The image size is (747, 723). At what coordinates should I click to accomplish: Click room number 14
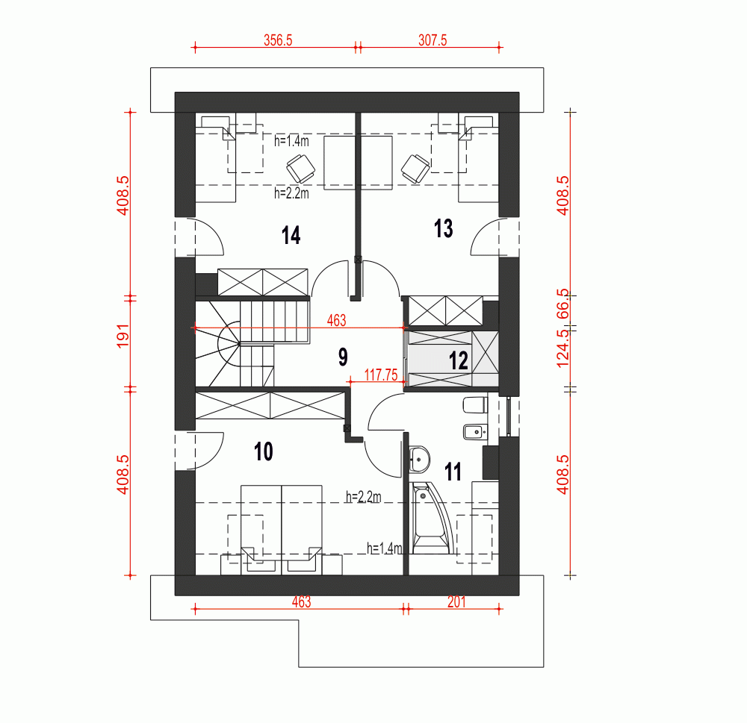[291, 235]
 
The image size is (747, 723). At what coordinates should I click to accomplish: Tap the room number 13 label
[443, 228]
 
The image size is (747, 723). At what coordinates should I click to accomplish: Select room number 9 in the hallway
[343, 357]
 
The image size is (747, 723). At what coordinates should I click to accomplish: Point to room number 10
[264, 451]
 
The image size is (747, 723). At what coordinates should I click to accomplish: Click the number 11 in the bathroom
[453, 472]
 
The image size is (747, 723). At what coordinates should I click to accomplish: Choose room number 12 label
[459, 360]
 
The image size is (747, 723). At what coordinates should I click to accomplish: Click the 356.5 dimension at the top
[278, 40]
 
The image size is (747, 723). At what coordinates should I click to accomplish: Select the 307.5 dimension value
[433, 40]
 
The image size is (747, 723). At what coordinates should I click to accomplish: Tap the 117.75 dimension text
[381, 375]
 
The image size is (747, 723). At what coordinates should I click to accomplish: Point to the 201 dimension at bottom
[456, 602]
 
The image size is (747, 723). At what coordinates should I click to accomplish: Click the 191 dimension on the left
[123, 336]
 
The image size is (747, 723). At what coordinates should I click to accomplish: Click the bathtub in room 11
[431, 518]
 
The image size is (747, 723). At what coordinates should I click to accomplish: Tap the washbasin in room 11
[419, 460]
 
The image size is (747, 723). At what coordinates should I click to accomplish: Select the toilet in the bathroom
[475, 406]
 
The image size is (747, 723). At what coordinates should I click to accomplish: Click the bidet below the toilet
[475, 432]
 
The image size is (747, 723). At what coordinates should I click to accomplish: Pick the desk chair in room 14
[300, 169]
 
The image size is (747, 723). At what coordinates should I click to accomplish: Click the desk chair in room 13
[415, 169]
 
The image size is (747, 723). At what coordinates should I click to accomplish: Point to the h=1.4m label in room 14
[291, 141]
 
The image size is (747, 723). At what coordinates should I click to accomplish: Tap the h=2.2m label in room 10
[364, 497]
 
